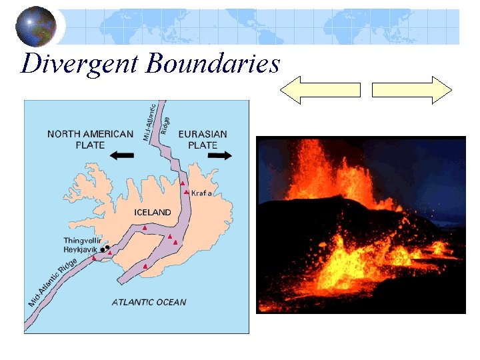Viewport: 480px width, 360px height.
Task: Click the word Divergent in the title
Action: click(x=79, y=65)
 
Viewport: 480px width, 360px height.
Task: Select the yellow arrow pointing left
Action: click(x=320, y=89)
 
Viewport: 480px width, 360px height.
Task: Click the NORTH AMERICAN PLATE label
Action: click(x=90, y=139)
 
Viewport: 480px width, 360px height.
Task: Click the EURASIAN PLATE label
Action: click(x=203, y=139)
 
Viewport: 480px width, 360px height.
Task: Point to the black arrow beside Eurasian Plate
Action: click(x=219, y=155)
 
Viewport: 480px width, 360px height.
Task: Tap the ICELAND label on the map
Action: click(x=153, y=212)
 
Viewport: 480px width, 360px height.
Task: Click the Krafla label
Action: click(x=201, y=193)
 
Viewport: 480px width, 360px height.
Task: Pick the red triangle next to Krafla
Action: click(x=187, y=193)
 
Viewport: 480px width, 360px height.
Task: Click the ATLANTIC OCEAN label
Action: click(x=149, y=302)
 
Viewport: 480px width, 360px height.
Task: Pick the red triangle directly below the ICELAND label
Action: click(x=145, y=228)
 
